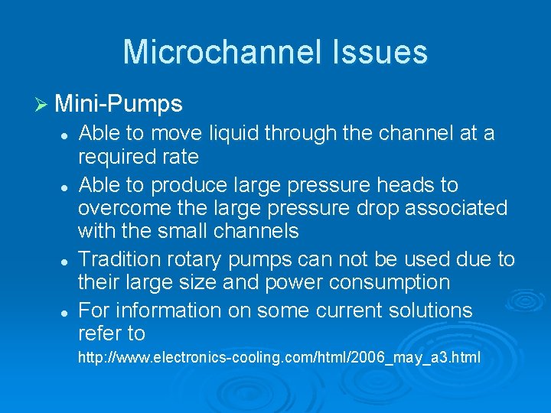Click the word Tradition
pyautogui.click(x=119, y=259)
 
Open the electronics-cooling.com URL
pyautogui.click(x=279, y=356)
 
